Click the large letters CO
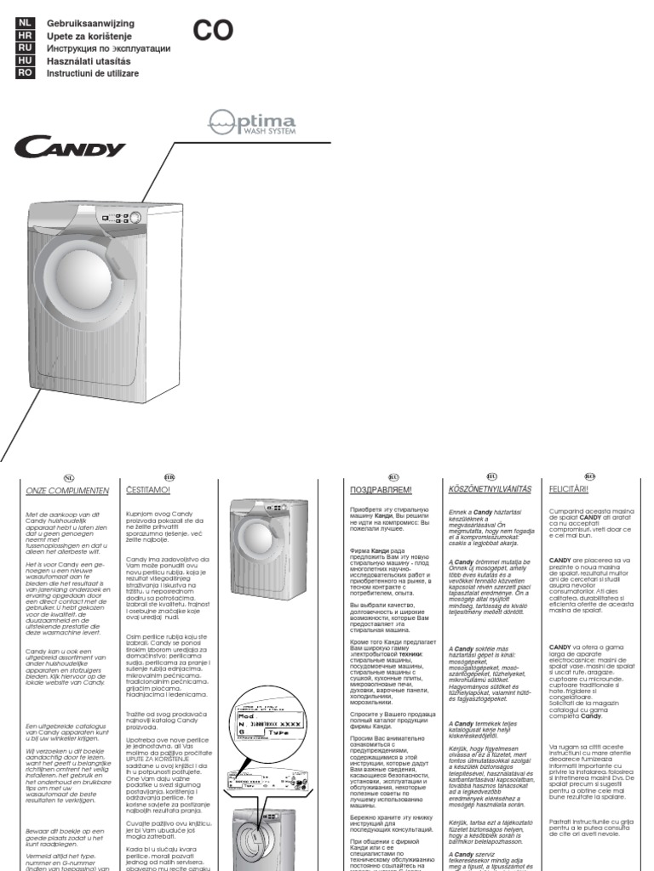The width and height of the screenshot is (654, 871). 213,31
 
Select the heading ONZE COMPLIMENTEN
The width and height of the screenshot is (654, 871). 68,491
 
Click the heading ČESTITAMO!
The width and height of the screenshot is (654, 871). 149,491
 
